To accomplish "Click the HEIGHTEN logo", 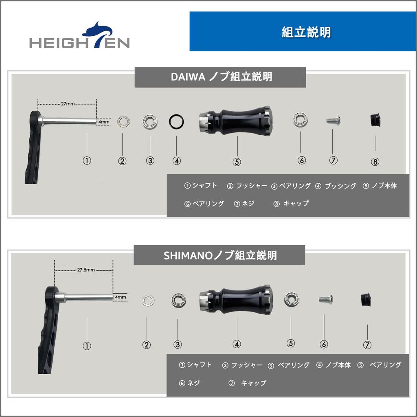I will click(x=79, y=37).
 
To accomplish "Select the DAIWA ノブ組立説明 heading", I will click(x=220, y=77).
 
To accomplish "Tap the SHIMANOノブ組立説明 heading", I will click(x=219, y=255).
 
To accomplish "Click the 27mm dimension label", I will click(x=68, y=104).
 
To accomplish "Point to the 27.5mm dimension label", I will click(x=86, y=270).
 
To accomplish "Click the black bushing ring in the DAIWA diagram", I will click(x=176, y=121).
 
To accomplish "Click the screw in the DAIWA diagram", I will click(x=333, y=120).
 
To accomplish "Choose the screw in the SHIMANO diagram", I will click(x=325, y=299).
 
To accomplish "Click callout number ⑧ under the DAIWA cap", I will click(x=375, y=162).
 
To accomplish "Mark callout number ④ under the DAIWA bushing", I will click(x=176, y=160).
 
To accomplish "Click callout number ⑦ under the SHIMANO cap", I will click(x=367, y=345).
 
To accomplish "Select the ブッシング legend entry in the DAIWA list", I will click(x=336, y=186).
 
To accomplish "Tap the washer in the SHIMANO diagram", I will click(x=148, y=301).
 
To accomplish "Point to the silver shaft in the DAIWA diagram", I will click(x=69, y=121).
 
